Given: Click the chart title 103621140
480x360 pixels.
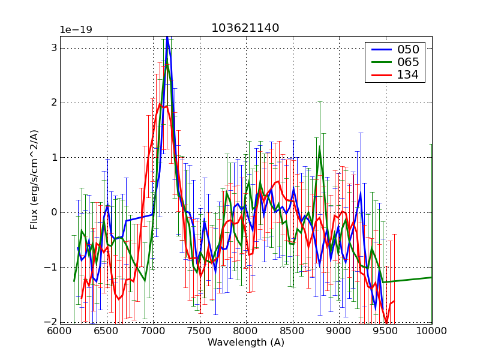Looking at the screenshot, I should point(245,28).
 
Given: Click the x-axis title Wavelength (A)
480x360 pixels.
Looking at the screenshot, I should point(245,343).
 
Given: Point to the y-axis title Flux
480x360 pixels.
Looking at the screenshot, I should point(34,179).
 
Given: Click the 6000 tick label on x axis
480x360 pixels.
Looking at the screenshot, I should point(60,331).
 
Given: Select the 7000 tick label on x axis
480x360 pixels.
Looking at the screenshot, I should point(153,331).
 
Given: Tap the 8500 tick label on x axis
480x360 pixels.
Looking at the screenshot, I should point(292,331).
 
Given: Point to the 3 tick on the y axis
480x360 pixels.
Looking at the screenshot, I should point(53,47).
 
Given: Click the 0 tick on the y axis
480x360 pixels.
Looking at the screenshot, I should point(53,212).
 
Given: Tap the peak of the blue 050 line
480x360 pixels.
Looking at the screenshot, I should point(167,37).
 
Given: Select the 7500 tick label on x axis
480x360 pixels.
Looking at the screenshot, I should point(199,331).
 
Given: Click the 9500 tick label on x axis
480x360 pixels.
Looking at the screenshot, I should point(385,331).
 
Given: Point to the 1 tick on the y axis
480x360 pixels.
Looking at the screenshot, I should point(53,157).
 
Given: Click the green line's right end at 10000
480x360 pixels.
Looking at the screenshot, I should point(431,277).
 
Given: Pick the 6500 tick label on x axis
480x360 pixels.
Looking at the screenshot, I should point(106,331).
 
